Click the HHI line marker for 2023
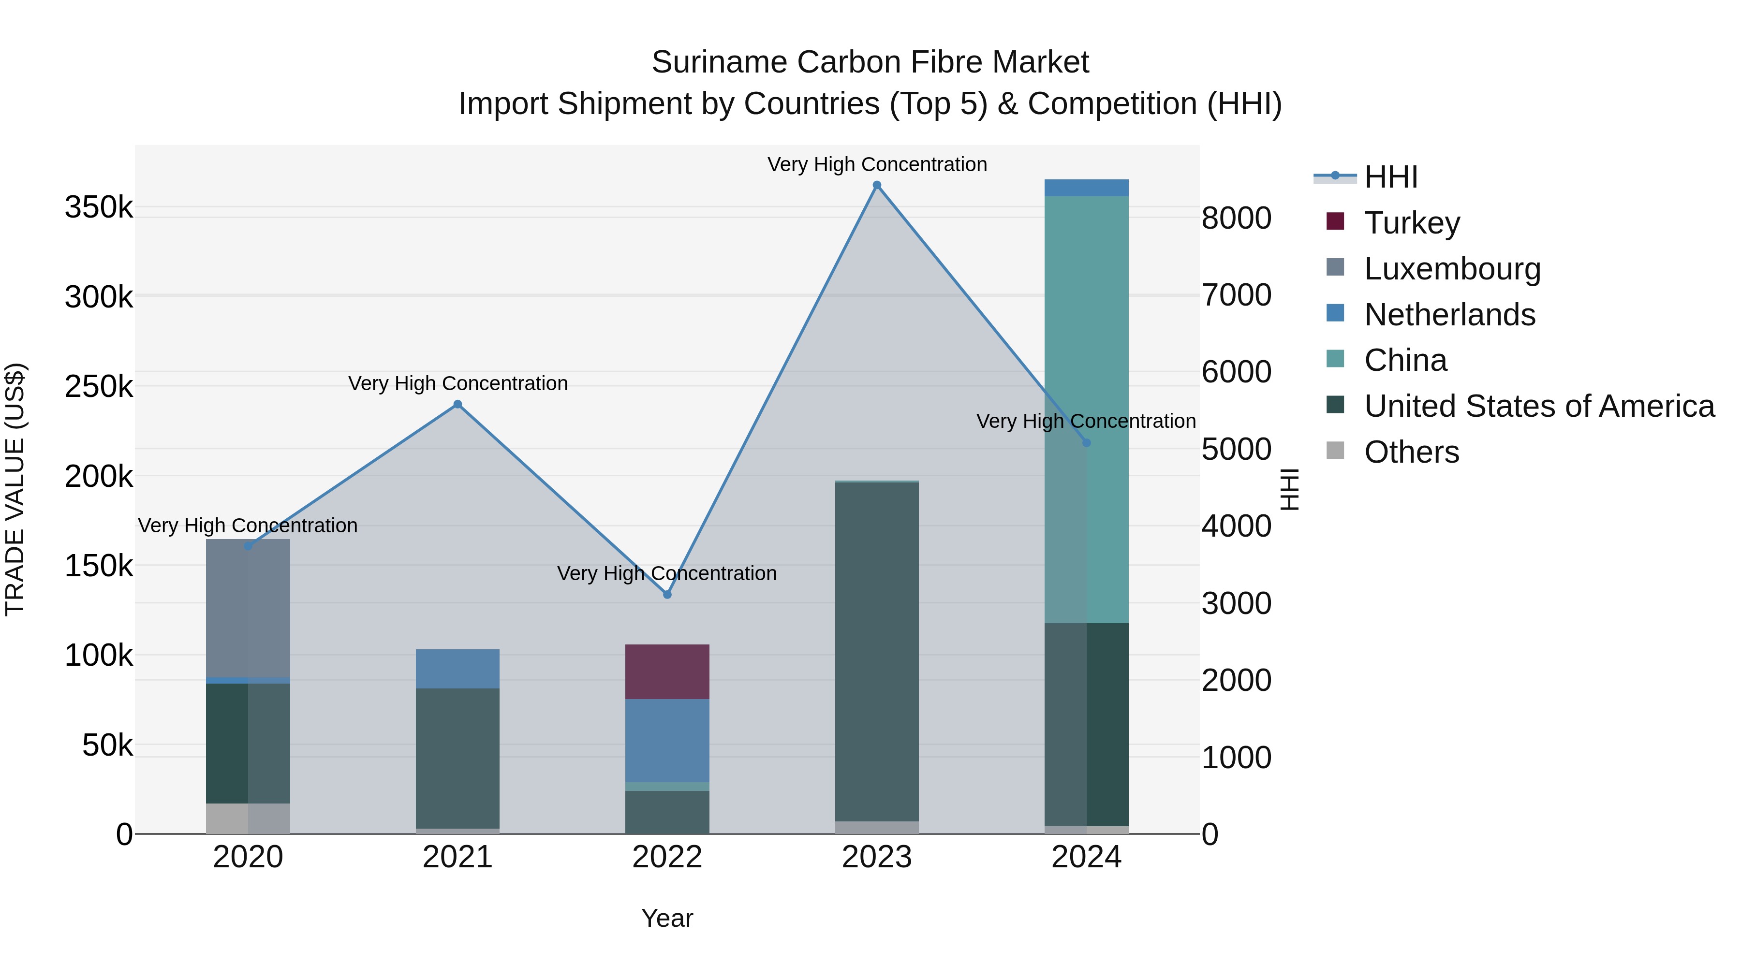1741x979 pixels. click(x=877, y=185)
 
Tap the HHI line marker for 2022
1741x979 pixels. click(x=667, y=595)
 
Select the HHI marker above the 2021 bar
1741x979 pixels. click(x=457, y=404)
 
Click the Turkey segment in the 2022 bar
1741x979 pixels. click(x=667, y=672)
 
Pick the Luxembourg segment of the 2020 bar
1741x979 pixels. click(x=248, y=608)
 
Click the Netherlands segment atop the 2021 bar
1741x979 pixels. click(x=457, y=669)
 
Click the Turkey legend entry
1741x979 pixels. click(x=1412, y=222)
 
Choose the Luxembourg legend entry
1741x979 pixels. click(x=1452, y=268)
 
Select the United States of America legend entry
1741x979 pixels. click(x=1538, y=406)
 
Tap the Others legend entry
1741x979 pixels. click(x=1411, y=452)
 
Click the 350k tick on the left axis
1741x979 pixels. click(x=99, y=207)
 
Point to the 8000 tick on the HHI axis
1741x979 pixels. click(x=1236, y=218)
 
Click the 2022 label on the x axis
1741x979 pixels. click(x=667, y=857)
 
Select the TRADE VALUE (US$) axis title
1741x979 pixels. click(x=15, y=489)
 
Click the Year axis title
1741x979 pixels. click(x=667, y=918)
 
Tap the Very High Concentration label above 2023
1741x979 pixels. click(x=877, y=164)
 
